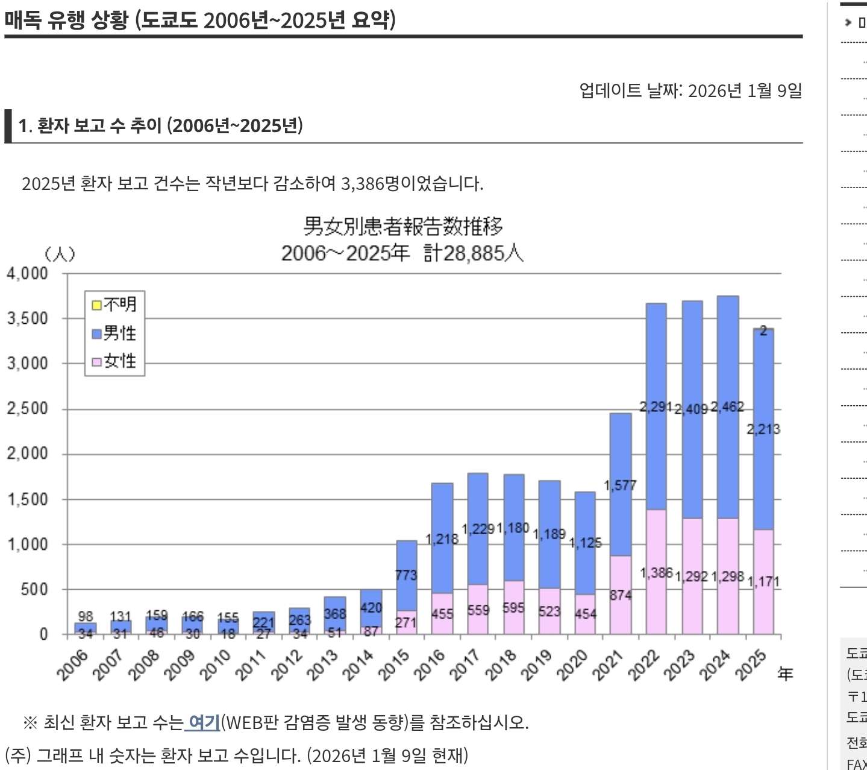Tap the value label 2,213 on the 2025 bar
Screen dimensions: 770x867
tap(763, 429)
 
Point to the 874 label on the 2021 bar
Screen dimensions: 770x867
tap(621, 595)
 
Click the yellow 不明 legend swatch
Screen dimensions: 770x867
tap(96, 305)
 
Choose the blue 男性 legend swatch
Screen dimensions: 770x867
tap(96, 333)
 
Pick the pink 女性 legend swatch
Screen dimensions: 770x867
tap(96, 362)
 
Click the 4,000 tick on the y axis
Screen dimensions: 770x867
tap(28, 274)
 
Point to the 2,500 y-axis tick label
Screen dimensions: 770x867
tap(28, 409)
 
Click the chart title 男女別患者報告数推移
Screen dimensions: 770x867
tap(402, 227)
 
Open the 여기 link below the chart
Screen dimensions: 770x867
tap(204, 722)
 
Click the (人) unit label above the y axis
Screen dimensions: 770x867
tap(60, 254)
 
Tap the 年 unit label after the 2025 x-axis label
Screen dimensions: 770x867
tap(785, 674)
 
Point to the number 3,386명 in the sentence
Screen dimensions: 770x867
tap(370, 183)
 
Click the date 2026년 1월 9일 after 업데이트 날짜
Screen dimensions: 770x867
tap(745, 90)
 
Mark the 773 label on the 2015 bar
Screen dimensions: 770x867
tap(406, 575)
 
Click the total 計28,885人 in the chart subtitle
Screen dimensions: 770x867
tap(473, 253)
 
